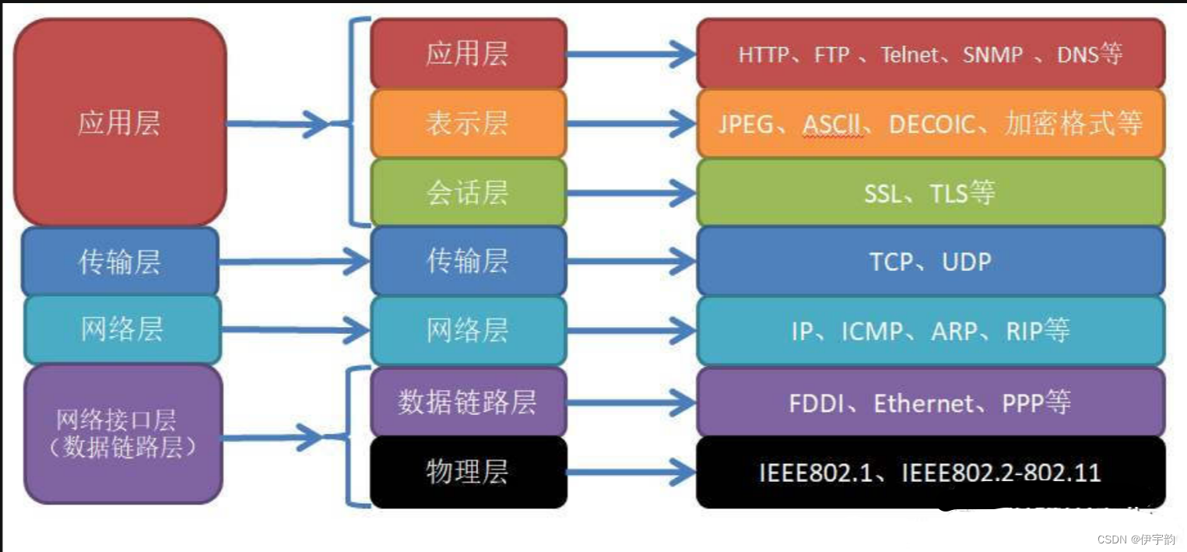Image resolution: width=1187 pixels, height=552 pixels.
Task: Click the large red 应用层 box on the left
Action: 120,123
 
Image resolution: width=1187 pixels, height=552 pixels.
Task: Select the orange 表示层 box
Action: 468,123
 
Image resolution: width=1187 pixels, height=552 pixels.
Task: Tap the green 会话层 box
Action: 468,192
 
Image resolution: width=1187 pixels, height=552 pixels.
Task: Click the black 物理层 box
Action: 468,472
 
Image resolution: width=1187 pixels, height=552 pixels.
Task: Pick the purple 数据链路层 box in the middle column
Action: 468,403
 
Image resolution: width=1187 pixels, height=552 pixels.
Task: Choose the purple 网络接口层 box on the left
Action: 122,434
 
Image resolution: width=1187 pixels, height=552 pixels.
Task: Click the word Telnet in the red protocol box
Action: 910,54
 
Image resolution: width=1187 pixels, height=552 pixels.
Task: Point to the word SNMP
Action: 992,54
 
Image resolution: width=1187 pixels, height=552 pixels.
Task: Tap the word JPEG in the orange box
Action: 746,124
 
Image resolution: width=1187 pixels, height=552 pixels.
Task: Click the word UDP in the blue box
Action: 967,262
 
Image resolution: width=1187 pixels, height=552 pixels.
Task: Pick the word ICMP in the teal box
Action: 873,331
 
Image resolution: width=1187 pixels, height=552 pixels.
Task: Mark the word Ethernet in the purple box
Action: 924,403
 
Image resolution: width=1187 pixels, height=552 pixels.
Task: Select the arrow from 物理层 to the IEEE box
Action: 630,472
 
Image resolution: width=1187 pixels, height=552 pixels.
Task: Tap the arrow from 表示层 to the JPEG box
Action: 630,123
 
